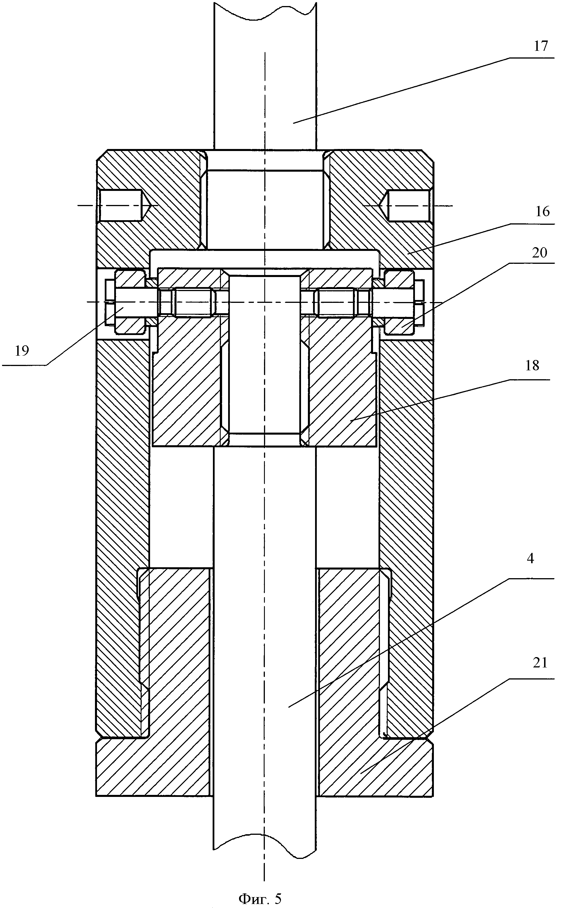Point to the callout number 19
click(22, 351)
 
